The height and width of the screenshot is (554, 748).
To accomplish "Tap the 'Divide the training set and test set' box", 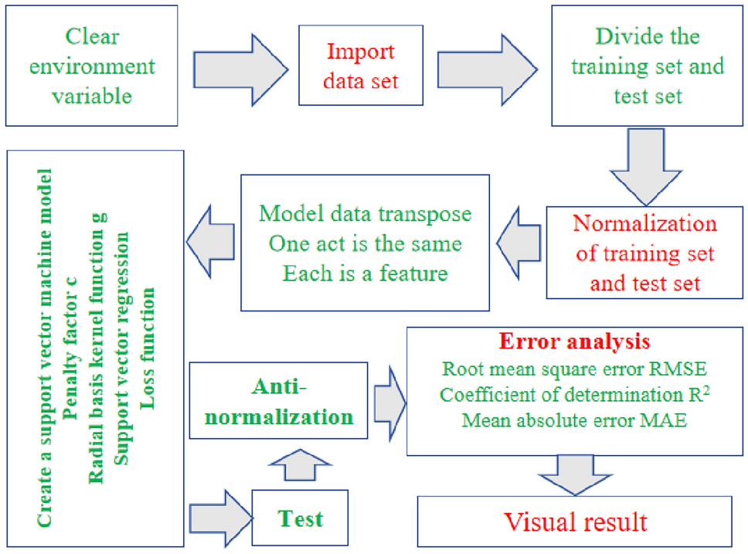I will click(647, 66).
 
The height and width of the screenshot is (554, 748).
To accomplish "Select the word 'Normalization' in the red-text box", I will click(645, 224).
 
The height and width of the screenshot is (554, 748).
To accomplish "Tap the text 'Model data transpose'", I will click(365, 213).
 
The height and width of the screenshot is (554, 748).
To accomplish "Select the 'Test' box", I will click(301, 517).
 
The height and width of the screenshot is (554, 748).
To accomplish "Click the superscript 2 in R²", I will click(707, 389).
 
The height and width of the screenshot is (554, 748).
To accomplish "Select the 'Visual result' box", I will click(576, 522).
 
